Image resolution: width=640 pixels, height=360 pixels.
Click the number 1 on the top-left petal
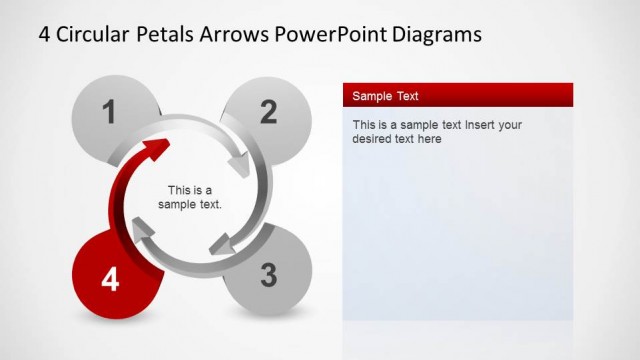point(110,112)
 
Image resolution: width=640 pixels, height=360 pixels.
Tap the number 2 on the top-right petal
point(268,112)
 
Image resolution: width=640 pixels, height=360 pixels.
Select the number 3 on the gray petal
point(268,275)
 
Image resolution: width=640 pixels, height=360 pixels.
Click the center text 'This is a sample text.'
point(190,197)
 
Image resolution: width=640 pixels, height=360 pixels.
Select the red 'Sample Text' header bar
point(457,96)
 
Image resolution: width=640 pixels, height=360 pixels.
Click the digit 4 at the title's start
point(45,34)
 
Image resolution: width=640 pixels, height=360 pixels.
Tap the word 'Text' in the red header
point(405,96)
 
